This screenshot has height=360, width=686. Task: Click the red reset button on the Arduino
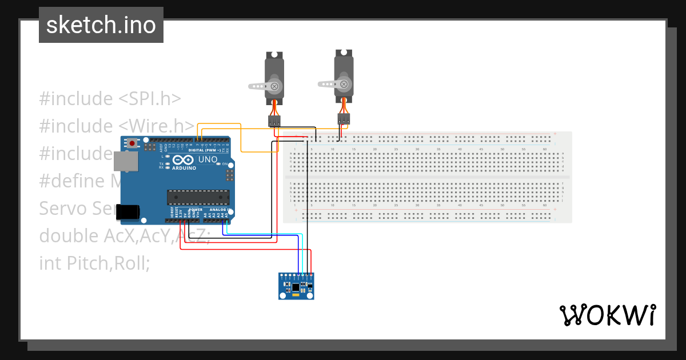click(x=133, y=143)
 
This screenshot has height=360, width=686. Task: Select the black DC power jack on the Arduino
click(x=128, y=212)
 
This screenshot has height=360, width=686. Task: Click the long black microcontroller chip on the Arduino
click(x=198, y=197)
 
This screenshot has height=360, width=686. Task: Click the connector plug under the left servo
click(x=274, y=121)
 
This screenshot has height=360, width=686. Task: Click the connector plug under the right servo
click(x=344, y=119)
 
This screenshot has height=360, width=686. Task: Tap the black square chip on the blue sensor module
click(x=296, y=287)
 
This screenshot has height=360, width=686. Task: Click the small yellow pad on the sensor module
click(x=295, y=296)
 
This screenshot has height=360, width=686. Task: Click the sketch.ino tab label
click(x=101, y=25)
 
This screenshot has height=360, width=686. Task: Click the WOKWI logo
click(x=608, y=315)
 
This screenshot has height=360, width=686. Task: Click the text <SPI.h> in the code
click(x=150, y=98)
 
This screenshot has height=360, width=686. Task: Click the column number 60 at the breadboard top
click(x=545, y=149)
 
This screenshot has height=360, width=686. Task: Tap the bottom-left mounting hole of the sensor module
click(x=282, y=296)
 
